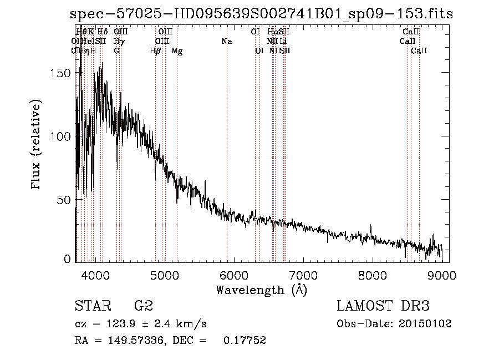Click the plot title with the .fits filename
coord(262,14)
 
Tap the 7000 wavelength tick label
coord(303,276)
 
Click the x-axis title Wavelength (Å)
coord(261,290)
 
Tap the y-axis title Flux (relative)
coord(37,146)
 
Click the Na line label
coord(226,42)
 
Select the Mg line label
coord(177,51)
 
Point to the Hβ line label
coord(155,51)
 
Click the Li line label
coord(283,42)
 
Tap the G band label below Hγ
coord(116,51)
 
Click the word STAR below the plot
coord(92,306)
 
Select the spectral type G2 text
coord(143,306)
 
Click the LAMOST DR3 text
coord(383,306)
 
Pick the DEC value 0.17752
coord(245,341)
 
